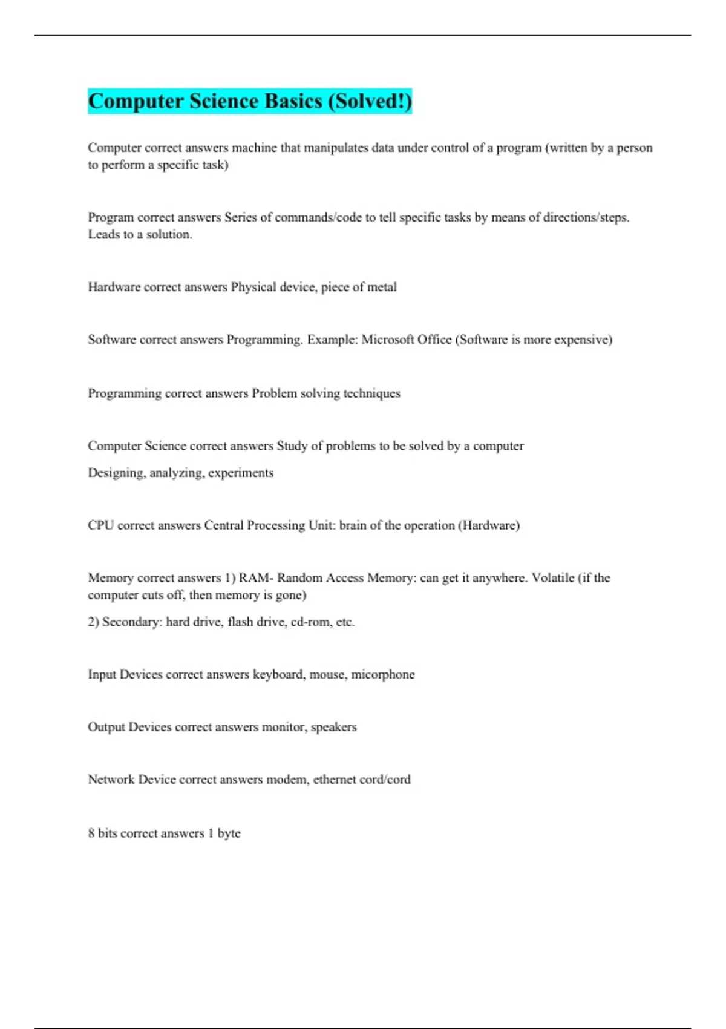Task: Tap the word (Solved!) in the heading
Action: (x=370, y=101)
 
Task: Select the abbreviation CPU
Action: (x=100, y=525)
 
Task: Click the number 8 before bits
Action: (x=91, y=833)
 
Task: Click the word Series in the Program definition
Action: (x=240, y=217)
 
